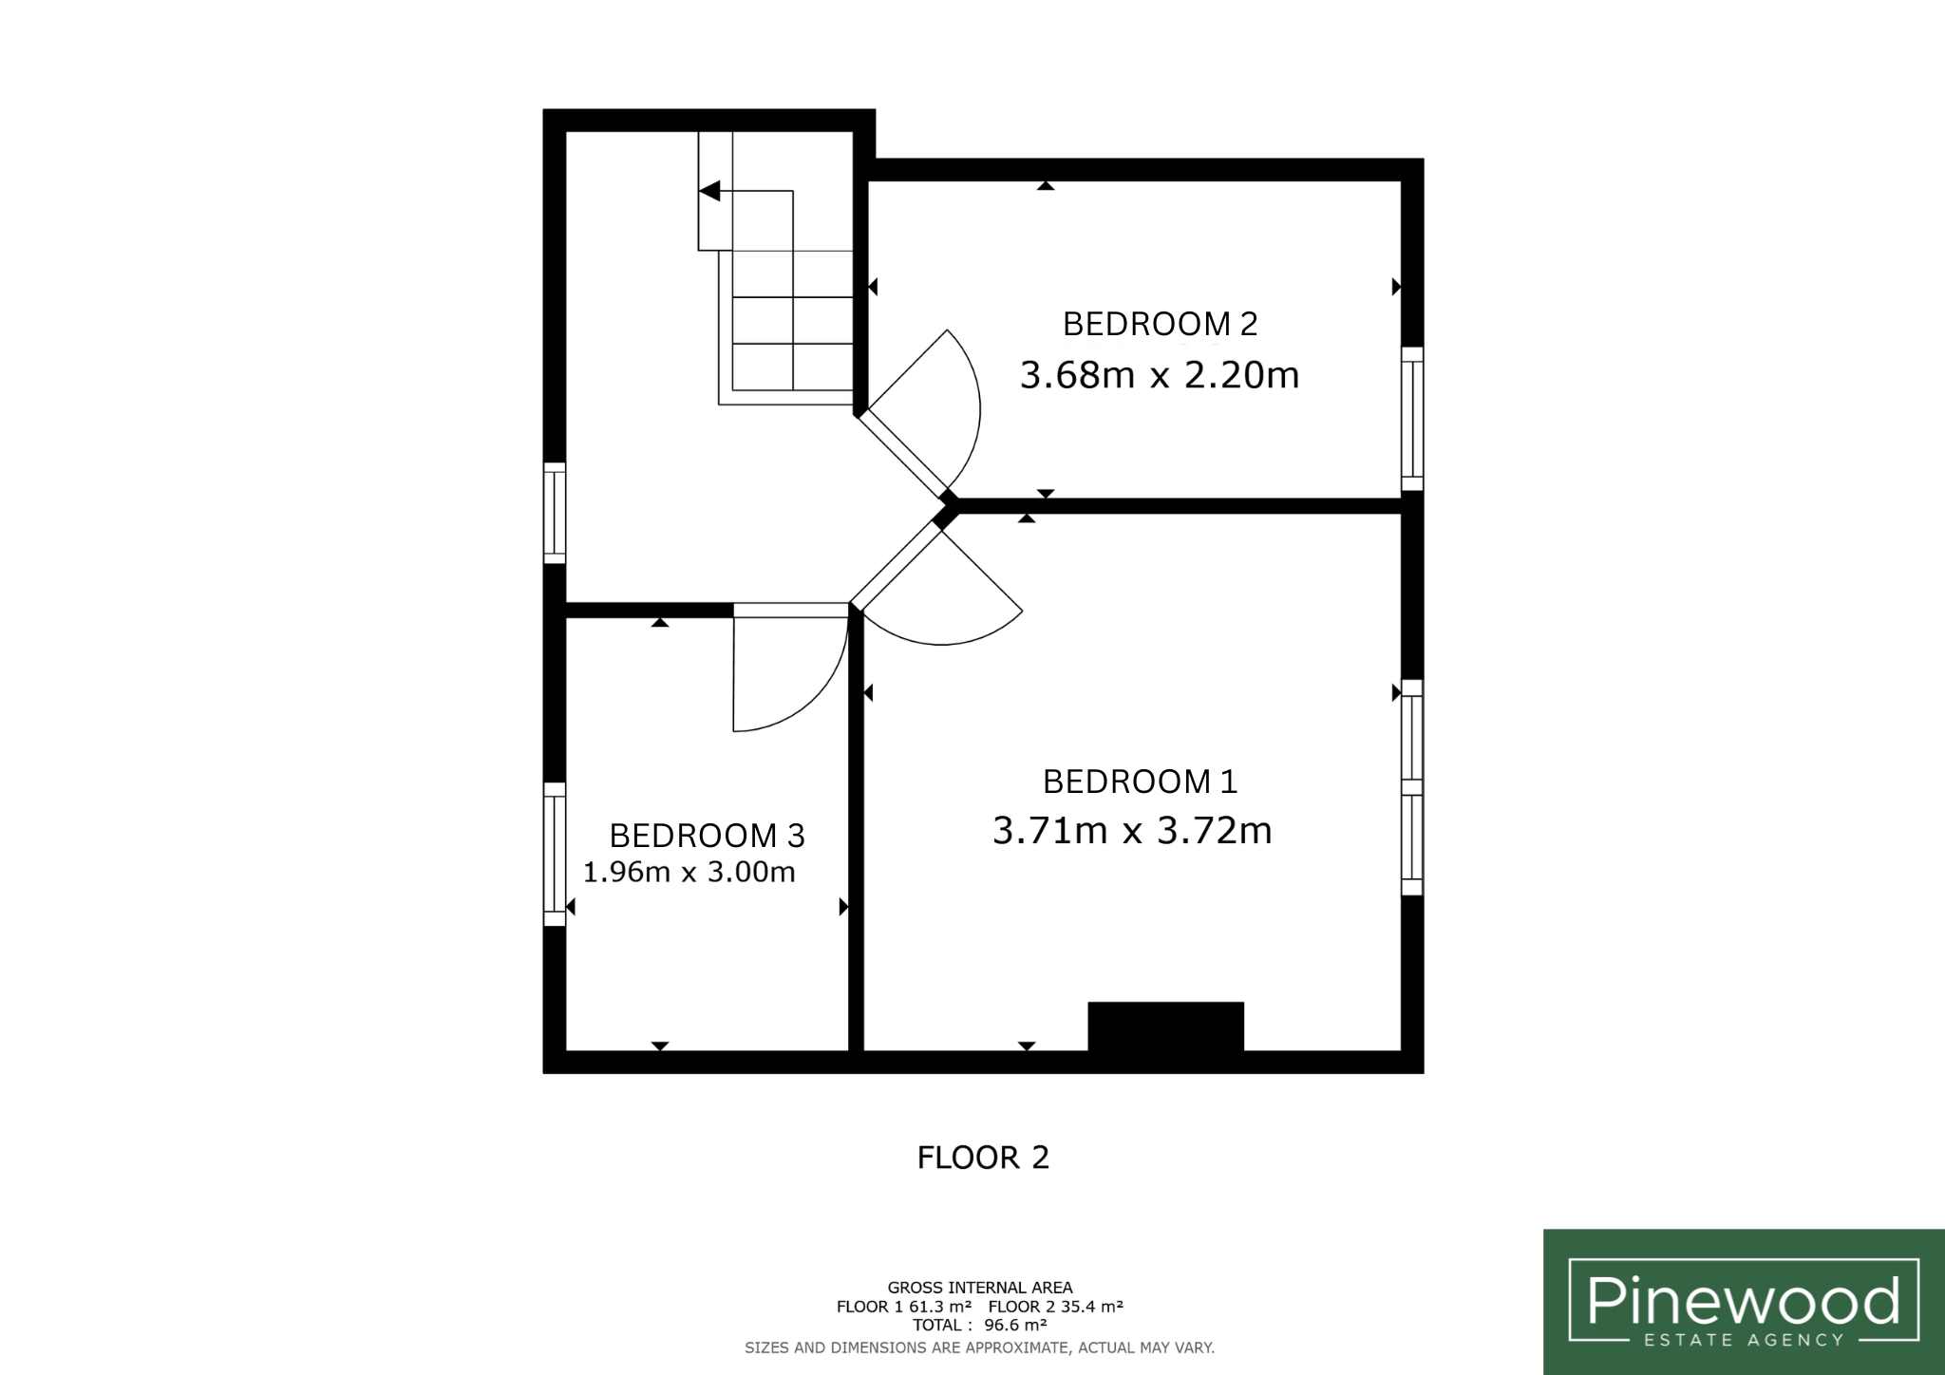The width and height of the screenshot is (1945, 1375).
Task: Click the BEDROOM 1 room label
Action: (x=1140, y=782)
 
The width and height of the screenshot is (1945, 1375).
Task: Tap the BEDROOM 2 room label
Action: (x=1160, y=324)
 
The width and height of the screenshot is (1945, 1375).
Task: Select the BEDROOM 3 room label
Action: (x=707, y=836)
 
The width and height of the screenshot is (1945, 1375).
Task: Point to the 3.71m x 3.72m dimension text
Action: (x=1132, y=831)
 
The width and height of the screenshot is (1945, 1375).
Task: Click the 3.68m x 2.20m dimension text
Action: (x=1160, y=375)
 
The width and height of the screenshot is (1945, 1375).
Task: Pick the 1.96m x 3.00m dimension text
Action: (x=689, y=872)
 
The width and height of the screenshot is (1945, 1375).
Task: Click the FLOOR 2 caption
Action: (x=983, y=1158)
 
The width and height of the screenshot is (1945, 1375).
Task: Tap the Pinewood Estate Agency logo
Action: (x=1744, y=1302)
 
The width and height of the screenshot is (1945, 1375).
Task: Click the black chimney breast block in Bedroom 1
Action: (x=1165, y=1026)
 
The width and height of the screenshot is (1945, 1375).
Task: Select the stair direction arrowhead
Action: (x=708, y=191)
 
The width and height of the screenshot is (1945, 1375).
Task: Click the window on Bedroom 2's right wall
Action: (x=1412, y=419)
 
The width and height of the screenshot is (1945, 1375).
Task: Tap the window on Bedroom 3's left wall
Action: (x=555, y=854)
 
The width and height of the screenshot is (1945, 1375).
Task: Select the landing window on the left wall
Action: (x=555, y=513)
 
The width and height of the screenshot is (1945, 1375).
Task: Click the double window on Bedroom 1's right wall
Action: (x=1412, y=787)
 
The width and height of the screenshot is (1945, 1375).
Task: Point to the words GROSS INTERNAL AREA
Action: (x=980, y=1288)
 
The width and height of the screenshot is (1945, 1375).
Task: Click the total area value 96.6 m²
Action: (x=1015, y=1325)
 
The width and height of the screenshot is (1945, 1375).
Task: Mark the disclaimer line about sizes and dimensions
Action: (x=980, y=1347)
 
